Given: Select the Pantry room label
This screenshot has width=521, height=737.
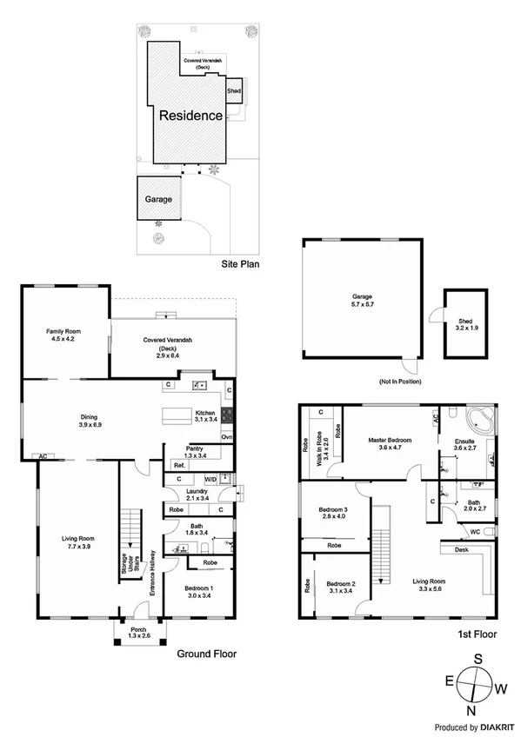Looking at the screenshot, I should pos(193,453).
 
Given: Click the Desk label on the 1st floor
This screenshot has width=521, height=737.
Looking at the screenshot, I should pos(460,549).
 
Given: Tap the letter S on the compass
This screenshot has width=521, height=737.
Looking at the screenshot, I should pos(476,659).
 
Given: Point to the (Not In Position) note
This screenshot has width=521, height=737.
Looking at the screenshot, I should pos(398,381).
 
